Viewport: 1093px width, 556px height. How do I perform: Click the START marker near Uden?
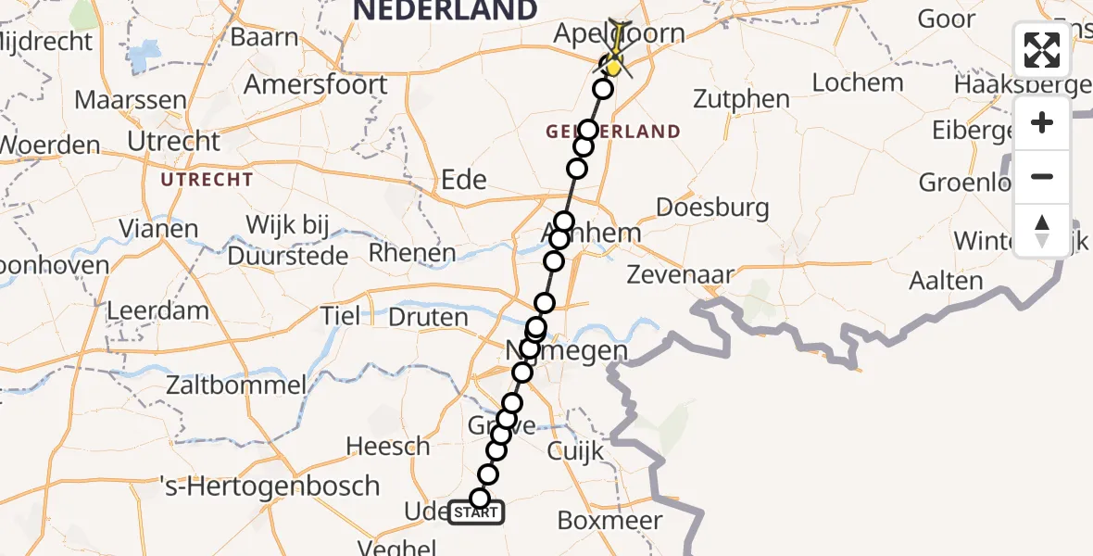[x=477, y=512]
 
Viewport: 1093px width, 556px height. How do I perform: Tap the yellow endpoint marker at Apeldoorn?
[x=613, y=68]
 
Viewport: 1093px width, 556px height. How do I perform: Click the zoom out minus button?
[x=1042, y=177]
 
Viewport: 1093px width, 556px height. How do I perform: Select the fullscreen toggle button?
[x=1042, y=50]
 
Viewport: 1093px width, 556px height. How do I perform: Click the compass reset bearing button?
[x=1042, y=231]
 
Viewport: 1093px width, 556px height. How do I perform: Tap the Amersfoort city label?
[x=316, y=84]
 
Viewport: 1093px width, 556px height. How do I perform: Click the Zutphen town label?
[x=741, y=99]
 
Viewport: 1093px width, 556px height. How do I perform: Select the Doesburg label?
[x=712, y=207]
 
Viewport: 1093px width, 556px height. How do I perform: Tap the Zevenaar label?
[x=680, y=274]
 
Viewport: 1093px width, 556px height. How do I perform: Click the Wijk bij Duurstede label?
[x=296, y=239]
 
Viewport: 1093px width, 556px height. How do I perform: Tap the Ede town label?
[x=464, y=179]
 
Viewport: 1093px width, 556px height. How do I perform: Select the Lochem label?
[x=857, y=82]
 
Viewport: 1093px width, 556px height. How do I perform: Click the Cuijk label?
[x=574, y=451]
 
